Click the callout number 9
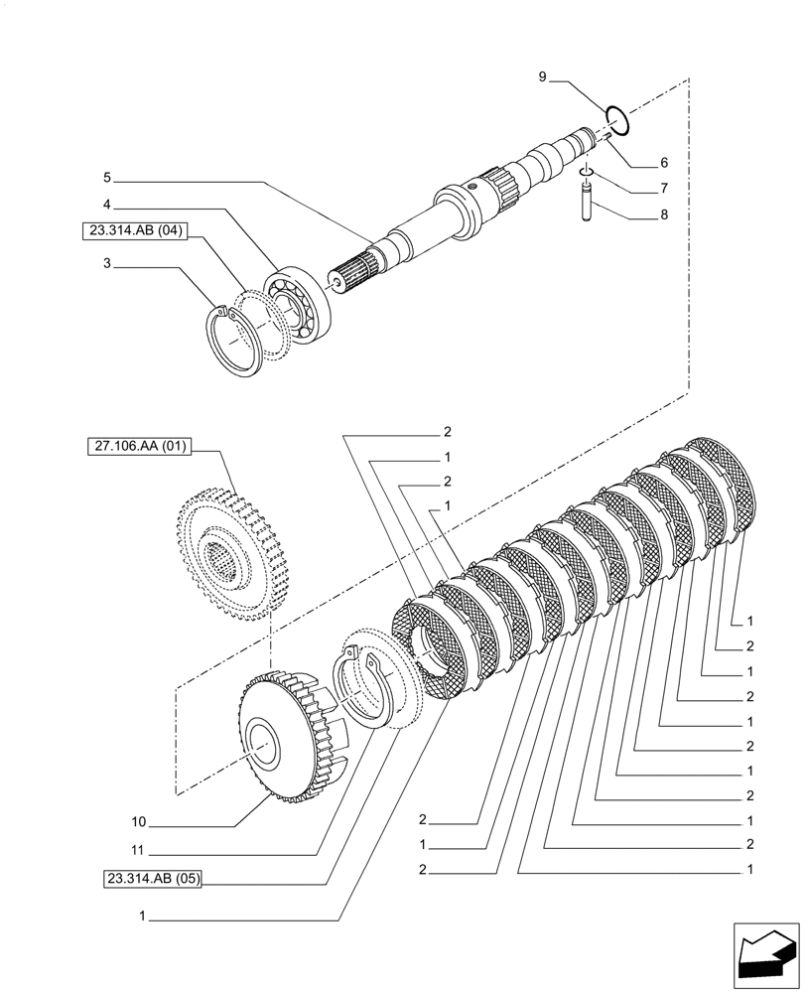point(543,76)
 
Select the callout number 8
point(664,213)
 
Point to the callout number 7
point(664,188)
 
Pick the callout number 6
point(664,162)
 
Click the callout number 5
point(106,179)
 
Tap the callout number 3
point(106,265)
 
